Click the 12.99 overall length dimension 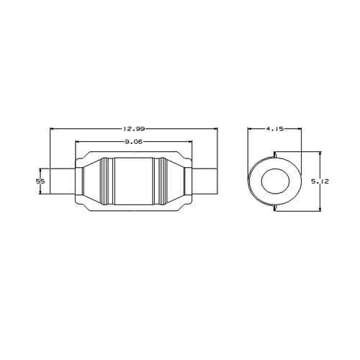[134, 129]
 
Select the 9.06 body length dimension [134, 142]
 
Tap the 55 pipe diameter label [40, 181]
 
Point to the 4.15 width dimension [275, 129]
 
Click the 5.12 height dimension [320, 181]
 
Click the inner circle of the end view [275, 181]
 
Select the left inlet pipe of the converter [63, 181]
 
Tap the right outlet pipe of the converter [205, 181]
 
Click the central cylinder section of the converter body [134, 181]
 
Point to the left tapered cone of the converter [91, 181]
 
